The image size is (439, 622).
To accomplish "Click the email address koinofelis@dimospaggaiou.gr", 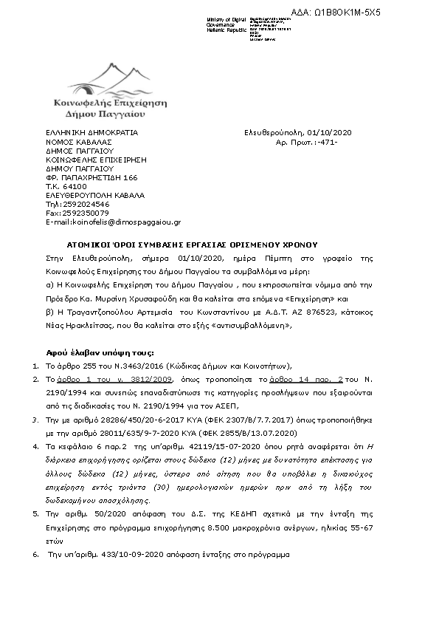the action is click(x=113, y=222).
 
